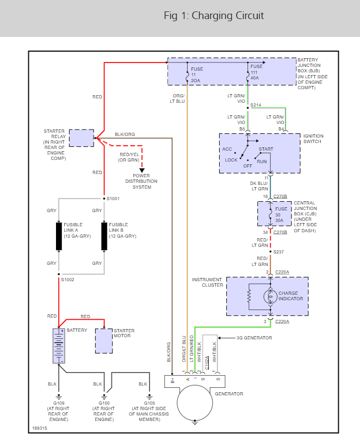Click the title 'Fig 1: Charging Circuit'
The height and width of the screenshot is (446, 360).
[214, 16]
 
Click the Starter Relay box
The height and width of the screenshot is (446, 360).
[82, 138]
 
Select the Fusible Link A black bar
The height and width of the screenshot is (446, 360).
[59, 236]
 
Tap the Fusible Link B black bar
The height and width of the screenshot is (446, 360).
[104, 236]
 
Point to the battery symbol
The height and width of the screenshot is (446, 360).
[59, 345]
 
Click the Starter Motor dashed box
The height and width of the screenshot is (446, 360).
[103, 340]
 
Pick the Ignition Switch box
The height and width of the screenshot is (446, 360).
[259, 153]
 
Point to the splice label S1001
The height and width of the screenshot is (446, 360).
[113, 199]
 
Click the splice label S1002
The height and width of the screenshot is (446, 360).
[68, 279]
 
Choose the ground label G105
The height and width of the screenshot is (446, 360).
[143, 403]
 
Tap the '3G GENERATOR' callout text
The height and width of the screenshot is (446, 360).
[254, 338]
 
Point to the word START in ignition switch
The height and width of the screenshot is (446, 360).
[266, 149]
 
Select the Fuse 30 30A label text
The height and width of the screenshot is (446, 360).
[281, 214]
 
